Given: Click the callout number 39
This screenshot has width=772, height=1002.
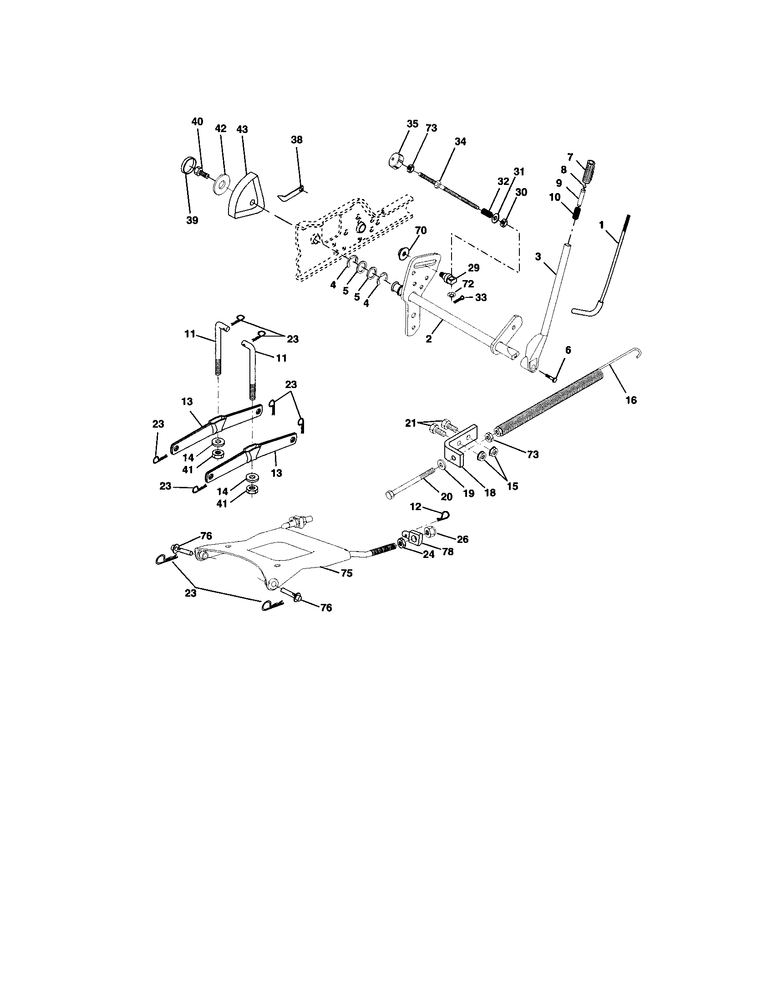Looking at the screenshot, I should [x=193, y=220].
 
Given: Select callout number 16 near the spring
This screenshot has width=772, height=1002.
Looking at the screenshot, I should [x=631, y=400].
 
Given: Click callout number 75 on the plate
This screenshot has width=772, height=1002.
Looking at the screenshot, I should [x=347, y=573].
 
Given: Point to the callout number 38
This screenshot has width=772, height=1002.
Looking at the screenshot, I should [x=297, y=140].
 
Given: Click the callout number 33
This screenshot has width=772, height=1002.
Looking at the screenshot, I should [x=480, y=297].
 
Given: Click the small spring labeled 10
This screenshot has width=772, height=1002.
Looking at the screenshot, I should [x=578, y=213].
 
